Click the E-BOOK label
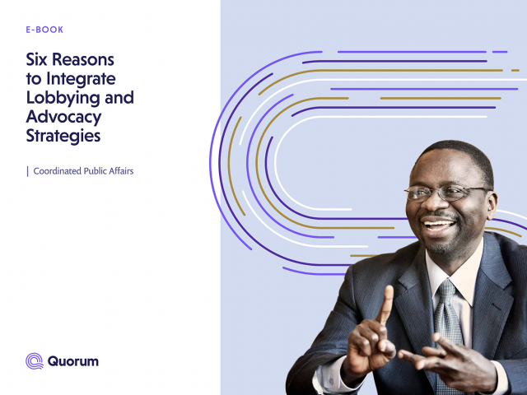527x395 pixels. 44,30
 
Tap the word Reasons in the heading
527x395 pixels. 83,59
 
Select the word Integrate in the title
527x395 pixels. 81,80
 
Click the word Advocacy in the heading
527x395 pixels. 63,117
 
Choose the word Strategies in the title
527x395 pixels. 63,137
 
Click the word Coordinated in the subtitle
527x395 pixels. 57,171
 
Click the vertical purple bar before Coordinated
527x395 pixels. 27,172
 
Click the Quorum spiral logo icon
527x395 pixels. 35,361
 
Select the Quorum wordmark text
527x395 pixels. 73,361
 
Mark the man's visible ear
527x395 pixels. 491,204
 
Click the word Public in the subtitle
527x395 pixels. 96,171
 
